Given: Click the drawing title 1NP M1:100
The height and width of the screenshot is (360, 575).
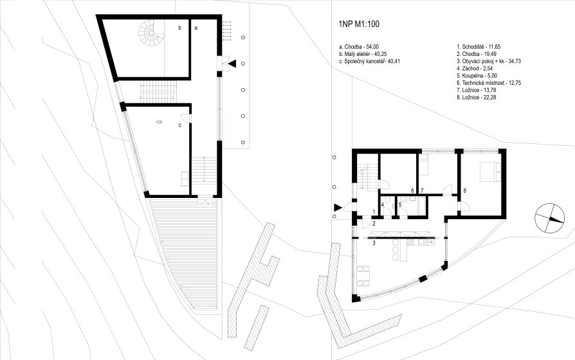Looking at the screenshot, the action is (x=359, y=24).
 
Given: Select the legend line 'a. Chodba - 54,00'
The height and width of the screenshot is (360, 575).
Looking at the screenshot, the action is (x=359, y=47).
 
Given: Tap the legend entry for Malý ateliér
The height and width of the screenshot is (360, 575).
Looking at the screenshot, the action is (x=363, y=54).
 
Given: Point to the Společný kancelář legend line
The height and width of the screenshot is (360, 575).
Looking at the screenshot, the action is (x=370, y=61).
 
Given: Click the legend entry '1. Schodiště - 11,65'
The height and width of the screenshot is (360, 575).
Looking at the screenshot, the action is (x=479, y=47).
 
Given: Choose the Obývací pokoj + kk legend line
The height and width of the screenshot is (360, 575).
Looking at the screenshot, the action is (x=489, y=61).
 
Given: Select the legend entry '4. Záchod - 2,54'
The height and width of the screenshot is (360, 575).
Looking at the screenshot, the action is (x=475, y=69).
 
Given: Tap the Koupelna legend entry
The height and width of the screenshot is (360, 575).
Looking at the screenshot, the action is (x=477, y=76).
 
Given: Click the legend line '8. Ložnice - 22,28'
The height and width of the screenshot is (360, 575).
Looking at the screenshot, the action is (x=477, y=98).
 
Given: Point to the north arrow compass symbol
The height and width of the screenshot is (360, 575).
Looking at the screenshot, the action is (x=549, y=218).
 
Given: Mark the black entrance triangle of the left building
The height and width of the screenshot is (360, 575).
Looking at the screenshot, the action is (x=232, y=64).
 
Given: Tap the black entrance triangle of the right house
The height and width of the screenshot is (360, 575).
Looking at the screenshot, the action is (x=338, y=208).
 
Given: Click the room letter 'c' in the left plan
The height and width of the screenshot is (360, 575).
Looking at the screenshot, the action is (x=179, y=125).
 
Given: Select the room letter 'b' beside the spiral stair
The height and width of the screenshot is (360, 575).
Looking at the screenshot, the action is (x=179, y=28).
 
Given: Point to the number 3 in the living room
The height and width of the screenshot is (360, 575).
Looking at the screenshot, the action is (x=374, y=243).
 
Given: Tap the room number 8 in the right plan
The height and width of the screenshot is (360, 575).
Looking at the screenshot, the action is (x=464, y=191).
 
